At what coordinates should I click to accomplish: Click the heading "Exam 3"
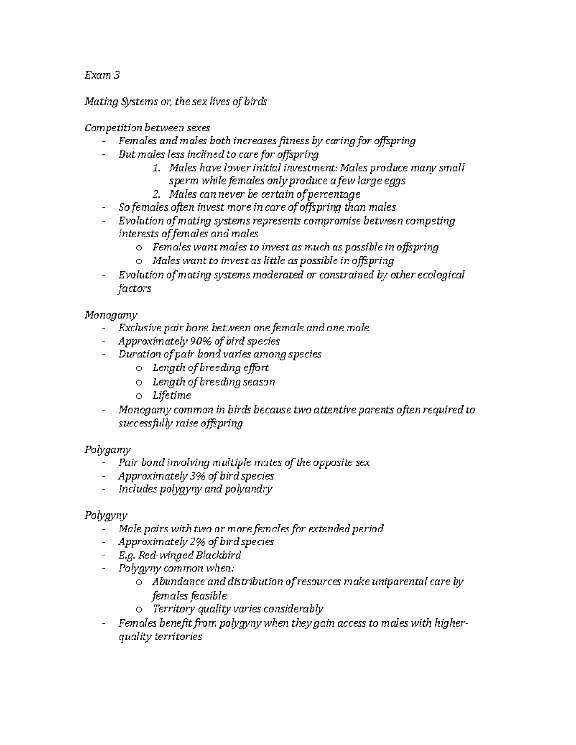click(x=102, y=75)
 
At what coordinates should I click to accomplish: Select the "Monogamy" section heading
click(x=111, y=315)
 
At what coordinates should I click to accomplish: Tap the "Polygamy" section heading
click(x=108, y=449)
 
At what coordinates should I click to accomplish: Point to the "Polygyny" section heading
click(x=106, y=516)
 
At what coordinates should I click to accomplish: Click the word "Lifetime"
click(x=171, y=396)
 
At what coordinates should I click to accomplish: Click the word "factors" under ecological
click(x=134, y=289)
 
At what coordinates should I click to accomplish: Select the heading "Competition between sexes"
click(x=147, y=128)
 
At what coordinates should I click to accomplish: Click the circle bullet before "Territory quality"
click(x=139, y=610)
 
